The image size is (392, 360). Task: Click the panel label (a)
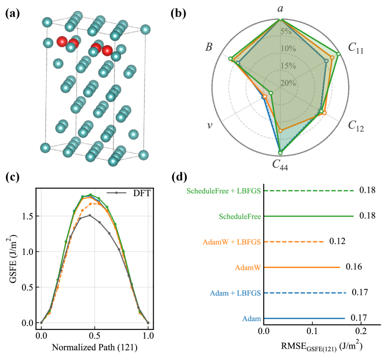12,14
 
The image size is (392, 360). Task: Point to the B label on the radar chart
209,48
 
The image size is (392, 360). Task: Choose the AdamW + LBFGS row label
230,242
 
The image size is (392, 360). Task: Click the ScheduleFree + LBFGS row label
224,190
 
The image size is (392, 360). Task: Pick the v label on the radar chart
209,125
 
